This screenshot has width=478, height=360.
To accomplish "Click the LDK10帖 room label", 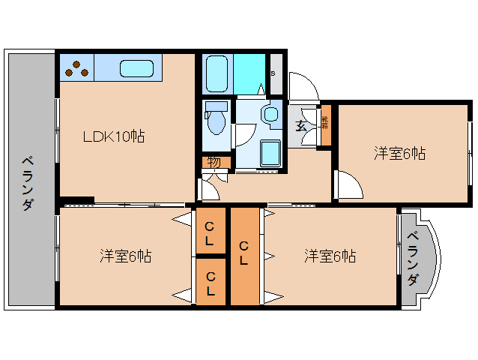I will click(x=114, y=136).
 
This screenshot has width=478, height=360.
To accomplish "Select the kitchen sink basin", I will click(x=136, y=68).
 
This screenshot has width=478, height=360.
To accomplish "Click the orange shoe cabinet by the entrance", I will click(x=325, y=125).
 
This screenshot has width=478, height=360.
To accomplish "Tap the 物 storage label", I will click(x=214, y=161).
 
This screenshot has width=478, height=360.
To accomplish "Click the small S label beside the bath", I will click(x=273, y=73).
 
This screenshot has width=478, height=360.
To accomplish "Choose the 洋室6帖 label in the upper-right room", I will click(x=400, y=154).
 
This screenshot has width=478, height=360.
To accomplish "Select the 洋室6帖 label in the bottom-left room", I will click(x=126, y=256).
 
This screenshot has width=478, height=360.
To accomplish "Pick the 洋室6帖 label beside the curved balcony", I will click(x=330, y=256).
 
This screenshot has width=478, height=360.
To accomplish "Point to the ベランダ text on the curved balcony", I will click(x=413, y=259).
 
